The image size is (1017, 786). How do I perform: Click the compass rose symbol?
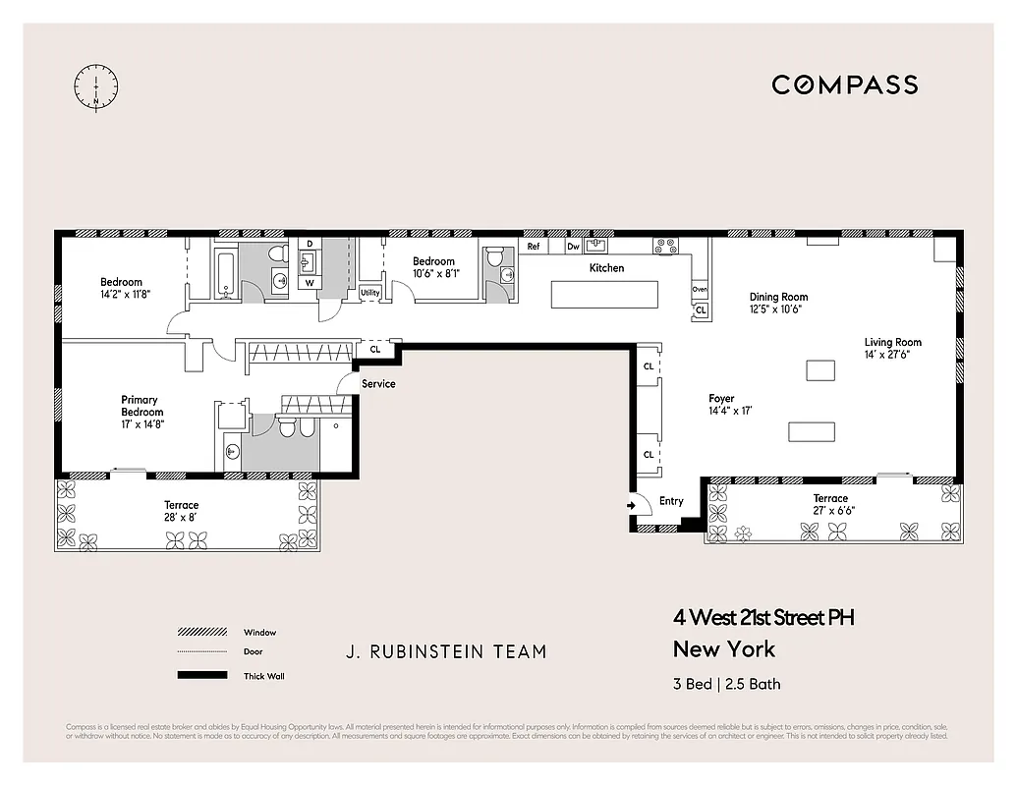(x=96, y=86)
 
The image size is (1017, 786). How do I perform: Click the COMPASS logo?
(x=844, y=84)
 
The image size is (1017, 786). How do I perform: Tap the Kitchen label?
(x=606, y=268)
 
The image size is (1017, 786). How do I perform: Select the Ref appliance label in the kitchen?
(x=535, y=247)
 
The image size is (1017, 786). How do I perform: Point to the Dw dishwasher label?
(x=573, y=247)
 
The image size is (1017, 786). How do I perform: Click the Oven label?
(x=700, y=290)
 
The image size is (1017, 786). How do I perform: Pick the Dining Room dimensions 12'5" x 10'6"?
(x=777, y=309)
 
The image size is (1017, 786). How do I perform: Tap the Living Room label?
(x=892, y=343)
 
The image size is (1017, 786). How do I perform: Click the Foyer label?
(x=721, y=399)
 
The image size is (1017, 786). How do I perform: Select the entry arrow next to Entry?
(x=631, y=506)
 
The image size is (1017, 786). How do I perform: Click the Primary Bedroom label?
(x=141, y=406)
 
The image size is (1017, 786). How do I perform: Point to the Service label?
(x=378, y=383)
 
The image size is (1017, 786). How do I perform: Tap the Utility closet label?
(x=369, y=293)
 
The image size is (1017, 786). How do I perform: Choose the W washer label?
(x=310, y=283)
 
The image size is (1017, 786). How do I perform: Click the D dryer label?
(x=310, y=243)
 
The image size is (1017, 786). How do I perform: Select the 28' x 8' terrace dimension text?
(x=181, y=518)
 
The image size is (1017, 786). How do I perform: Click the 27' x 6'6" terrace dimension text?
(x=830, y=511)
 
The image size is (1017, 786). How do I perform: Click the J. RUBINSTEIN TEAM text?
(x=445, y=651)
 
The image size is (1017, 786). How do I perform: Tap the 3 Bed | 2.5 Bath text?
(x=726, y=684)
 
